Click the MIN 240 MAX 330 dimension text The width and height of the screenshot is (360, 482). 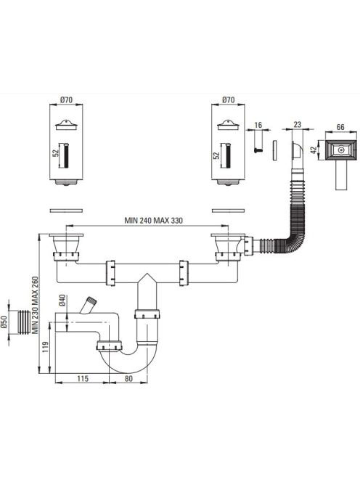coord(153,221)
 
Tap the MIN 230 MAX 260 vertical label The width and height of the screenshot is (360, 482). coord(36,306)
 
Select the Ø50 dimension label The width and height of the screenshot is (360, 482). coord(4,322)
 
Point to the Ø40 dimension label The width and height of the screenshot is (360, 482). coord(62,300)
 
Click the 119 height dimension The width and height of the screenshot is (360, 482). coord(45,347)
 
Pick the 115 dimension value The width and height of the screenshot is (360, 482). coord(83,378)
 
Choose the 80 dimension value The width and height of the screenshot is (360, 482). coord(128,378)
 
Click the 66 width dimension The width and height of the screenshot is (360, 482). coord(340,127)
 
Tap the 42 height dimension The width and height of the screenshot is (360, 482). coord(314,150)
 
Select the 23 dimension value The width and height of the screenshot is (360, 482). coord(297,125)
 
